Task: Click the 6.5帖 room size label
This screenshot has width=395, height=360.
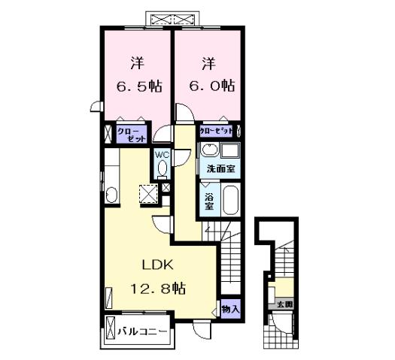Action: tap(137, 86)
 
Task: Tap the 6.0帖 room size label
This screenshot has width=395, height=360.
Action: tap(208, 86)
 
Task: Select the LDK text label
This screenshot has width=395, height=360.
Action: tap(158, 265)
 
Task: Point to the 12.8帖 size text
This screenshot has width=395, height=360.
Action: tap(157, 288)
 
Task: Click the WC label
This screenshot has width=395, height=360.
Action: tap(163, 156)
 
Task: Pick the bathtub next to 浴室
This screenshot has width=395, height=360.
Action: tap(229, 201)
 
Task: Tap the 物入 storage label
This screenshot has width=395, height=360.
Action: tap(230, 309)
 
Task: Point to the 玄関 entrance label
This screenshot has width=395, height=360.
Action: tap(284, 304)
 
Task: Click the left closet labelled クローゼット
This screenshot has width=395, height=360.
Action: tap(126, 135)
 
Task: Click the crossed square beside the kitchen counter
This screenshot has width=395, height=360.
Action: tap(149, 193)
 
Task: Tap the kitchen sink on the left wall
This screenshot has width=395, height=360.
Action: tap(111, 195)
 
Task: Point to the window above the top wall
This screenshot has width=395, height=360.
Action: tap(173, 17)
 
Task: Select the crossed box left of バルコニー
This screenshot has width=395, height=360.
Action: tap(111, 328)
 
